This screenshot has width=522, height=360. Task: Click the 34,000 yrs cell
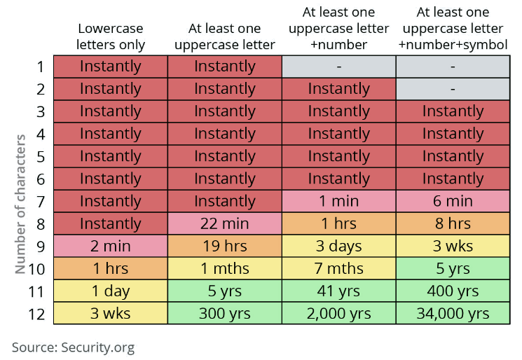[453, 313]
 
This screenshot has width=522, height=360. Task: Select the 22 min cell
[225, 223]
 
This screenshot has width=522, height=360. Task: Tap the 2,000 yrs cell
[338, 313]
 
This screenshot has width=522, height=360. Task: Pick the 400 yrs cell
[453, 291]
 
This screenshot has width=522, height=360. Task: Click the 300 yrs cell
[225, 313]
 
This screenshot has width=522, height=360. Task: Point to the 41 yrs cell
[338, 291]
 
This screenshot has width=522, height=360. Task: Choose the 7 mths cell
[338, 268]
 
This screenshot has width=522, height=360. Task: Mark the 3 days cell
[338, 246]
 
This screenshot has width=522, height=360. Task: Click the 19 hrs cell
[225, 246]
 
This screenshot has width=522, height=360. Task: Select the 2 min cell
[111, 246]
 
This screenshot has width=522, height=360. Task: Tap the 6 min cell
[453, 201]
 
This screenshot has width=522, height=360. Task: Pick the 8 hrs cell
[453, 223]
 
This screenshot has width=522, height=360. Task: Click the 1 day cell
[111, 291]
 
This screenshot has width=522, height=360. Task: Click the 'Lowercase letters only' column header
[111, 36]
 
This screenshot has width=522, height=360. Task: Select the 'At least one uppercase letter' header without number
[225, 36]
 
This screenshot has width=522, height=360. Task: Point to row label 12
[36, 313]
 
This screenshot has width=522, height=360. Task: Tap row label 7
[40, 201]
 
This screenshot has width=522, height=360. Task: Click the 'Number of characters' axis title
[21, 203]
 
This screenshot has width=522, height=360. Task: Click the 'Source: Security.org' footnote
[73, 347]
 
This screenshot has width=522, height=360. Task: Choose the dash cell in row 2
[453, 89]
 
